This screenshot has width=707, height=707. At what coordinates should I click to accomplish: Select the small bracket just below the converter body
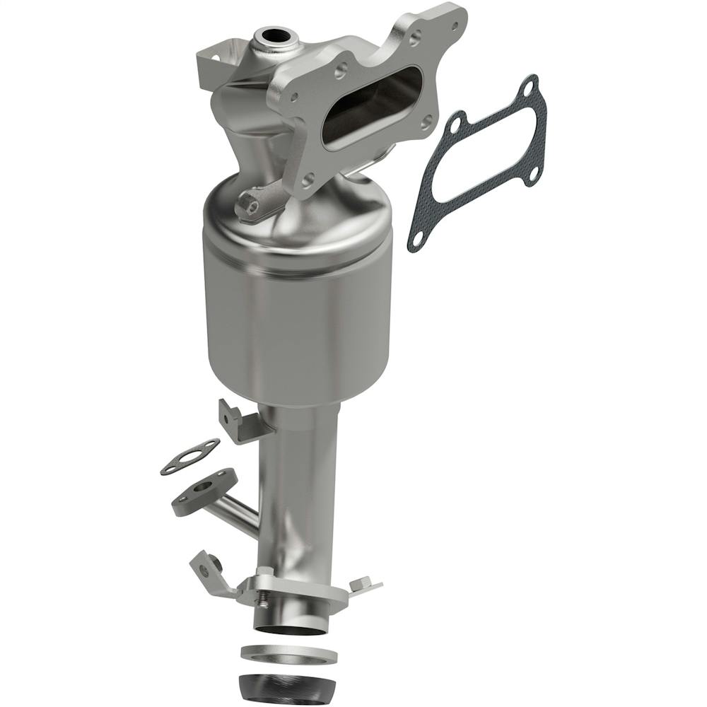click(240, 423)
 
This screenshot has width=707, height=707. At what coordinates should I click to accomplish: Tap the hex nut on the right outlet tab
click(361, 583)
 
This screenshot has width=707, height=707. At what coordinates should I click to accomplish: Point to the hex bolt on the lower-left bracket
click(212, 563)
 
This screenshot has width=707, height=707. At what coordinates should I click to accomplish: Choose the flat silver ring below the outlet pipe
click(288, 653)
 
